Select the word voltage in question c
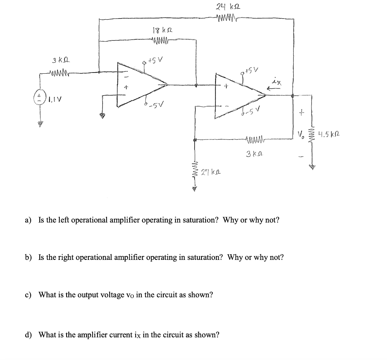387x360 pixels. tap(110, 295)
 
